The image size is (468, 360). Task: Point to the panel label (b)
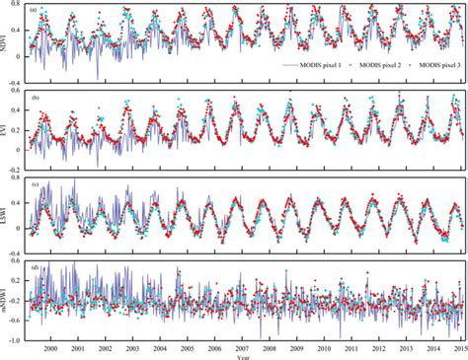click(36, 98)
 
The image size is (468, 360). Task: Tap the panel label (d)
click(36, 267)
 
